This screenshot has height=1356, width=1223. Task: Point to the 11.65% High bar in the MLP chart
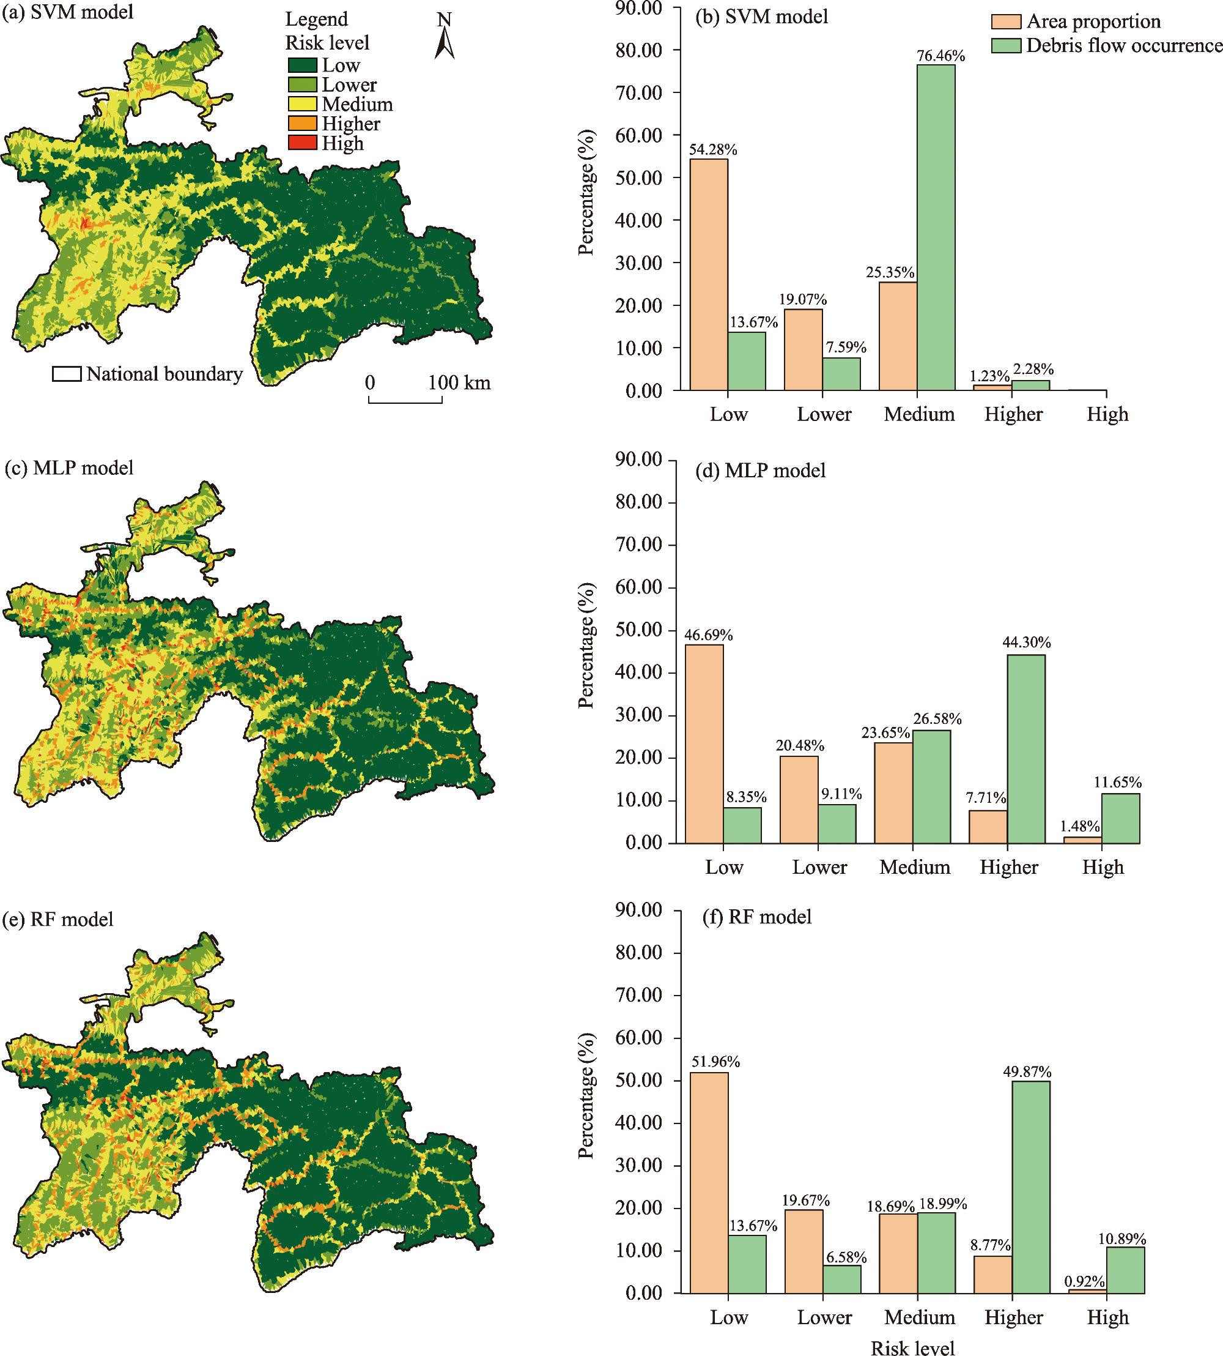point(1121,818)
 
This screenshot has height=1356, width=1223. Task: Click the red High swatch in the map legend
point(303,143)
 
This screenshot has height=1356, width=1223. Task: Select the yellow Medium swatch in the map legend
point(303,104)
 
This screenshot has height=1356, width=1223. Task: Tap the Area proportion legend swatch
point(1006,22)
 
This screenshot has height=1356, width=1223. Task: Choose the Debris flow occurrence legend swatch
point(1006,46)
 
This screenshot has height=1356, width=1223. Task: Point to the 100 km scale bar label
point(460,383)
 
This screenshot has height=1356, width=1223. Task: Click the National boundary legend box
point(67,374)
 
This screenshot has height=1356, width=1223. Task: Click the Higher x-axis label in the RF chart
point(1013,1316)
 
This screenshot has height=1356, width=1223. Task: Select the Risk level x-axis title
point(912,1347)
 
